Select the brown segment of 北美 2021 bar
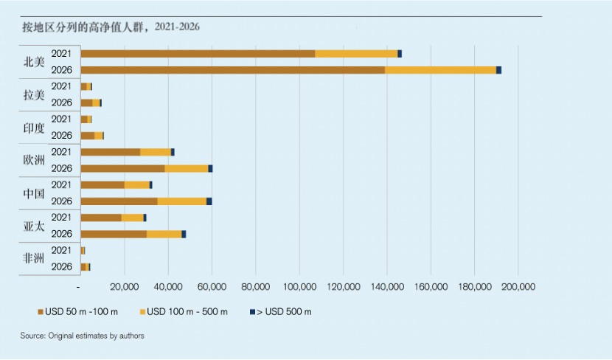(x=198, y=54)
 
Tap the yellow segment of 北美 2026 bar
(x=440, y=70)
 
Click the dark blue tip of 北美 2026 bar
(x=499, y=70)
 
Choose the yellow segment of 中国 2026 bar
(x=182, y=201)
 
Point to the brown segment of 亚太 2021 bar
(x=101, y=218)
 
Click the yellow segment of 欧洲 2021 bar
(x=156, y=152)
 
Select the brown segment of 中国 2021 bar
(x=102, y=184)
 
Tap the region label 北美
(x=34, y=62)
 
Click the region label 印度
(x=34, y=128)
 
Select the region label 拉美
(x=34, y=94)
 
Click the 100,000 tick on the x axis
(x=299, y=286)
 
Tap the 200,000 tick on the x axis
(x=518, y=286)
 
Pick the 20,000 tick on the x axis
(x=125, y=286)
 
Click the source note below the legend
(x=82, y=336)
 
